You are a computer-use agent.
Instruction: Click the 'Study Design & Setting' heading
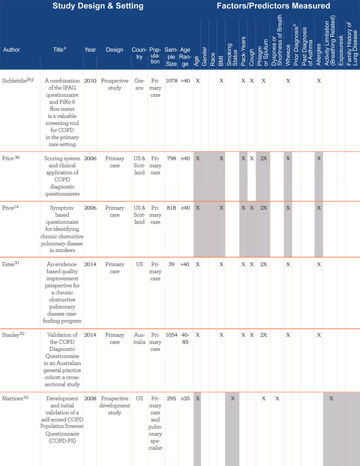(98, 6)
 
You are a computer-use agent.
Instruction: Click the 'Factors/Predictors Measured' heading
(273, 6)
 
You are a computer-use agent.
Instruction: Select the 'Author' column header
(12, 50)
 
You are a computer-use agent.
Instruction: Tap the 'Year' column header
(90, 50)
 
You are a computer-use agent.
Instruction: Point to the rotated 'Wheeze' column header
(288, 55)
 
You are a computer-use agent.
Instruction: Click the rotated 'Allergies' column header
(319, 54)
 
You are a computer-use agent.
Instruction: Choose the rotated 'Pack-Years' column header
(243, 51)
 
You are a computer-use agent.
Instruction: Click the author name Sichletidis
(14, 81)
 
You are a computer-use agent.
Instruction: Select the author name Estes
(8, 264)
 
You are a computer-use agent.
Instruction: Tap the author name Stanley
(11, 335)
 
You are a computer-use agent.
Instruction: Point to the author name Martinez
(13, 398)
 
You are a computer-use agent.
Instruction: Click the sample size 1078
(171, 81)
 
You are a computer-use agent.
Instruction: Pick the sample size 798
(171, 158)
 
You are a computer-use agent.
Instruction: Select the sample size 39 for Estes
(171, 264)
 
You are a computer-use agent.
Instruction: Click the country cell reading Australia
(139, 339)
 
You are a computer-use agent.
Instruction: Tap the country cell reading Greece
(139, 84)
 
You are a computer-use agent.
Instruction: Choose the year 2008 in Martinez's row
(90, 398)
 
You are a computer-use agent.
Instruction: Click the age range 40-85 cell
(185, 339)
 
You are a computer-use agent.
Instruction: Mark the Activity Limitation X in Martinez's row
(331, 398)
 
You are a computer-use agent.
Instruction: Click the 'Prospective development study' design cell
(115, 405)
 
